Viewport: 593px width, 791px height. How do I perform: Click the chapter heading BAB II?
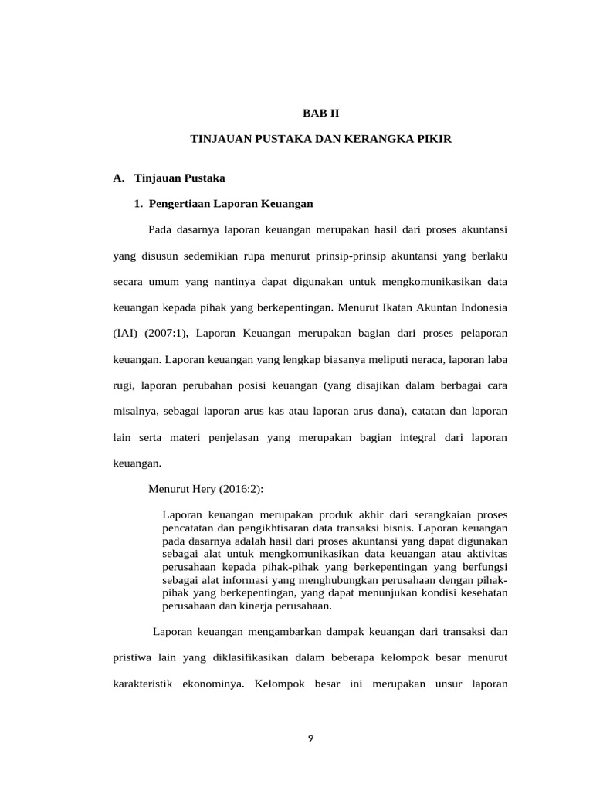pos(320,113)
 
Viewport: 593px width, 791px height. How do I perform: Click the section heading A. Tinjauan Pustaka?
pos(169,178)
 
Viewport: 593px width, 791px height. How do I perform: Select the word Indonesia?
pos(478,307)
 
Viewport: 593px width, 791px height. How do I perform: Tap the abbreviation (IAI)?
pos(128,333)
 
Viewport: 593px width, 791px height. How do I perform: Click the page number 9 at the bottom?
pos(310,738)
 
